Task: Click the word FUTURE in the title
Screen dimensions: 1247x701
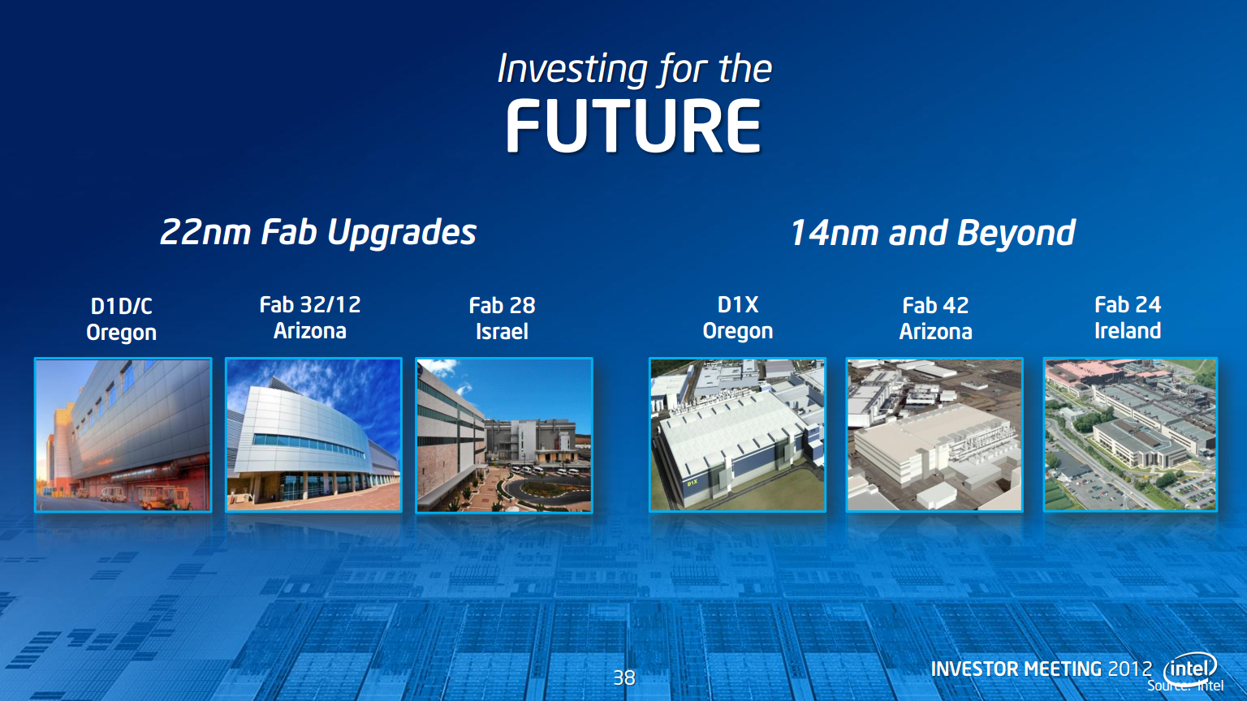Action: click(x=633, y=127)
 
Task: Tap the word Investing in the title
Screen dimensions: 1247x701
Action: click(x=572, y=70)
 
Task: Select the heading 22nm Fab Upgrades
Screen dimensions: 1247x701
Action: click(x=318, y=232)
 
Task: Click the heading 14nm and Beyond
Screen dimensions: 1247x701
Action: click(x=933, y=233)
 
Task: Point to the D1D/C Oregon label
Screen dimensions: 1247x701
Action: click(x=121, y=320)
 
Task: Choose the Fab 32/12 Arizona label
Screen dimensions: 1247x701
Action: click(x=310, y=318)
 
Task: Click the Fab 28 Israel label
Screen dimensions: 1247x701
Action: click(x=503, y=318)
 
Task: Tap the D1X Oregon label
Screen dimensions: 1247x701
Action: click(x=738, y=318)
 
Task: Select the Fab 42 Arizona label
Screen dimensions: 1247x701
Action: click(x=935, y=318)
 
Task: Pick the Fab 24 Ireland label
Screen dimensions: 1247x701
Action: click(x=1128, y=318)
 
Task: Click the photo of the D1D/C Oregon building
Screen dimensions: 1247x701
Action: click(x=123, y=435)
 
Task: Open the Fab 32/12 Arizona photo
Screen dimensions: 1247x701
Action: click(x=313, y=435)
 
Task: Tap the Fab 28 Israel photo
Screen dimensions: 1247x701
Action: click(x=504, y=435)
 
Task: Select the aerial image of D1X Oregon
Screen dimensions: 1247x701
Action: click(x=738, y=435)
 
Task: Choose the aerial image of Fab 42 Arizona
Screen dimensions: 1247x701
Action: click(x=934, y=435)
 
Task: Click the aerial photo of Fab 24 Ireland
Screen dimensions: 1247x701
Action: click(x=1130, y=435)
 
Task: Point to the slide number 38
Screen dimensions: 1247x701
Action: click(x=624, y=677)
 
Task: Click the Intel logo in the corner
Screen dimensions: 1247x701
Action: click(x=1190, y=668)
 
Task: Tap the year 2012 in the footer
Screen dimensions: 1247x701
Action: click(x=1130, y=669)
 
